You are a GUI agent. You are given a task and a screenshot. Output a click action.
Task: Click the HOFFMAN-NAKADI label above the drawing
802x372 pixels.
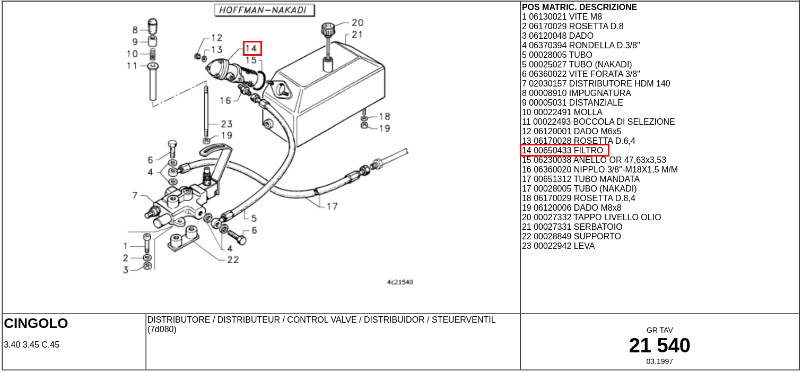tap(264, 11)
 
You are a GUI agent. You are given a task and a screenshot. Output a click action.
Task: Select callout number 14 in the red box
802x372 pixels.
tap(252, 48)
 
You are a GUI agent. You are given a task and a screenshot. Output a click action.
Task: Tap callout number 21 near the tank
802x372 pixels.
tap(357, 34)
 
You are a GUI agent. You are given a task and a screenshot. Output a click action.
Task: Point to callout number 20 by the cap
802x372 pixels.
tap(357, 23)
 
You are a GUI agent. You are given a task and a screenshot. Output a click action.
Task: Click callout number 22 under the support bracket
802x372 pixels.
tap(233, 259)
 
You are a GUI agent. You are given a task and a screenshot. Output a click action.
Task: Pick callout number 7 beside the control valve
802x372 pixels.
tap(135, 196)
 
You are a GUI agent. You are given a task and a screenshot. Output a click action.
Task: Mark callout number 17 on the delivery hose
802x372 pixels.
tap(332, 206)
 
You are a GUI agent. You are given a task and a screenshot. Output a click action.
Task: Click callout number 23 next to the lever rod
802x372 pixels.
tap(226, 124)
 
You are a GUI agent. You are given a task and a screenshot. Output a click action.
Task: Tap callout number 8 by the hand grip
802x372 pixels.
tap(135, 30)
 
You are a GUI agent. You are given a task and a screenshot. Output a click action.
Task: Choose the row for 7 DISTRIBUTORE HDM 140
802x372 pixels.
tap(596, 83)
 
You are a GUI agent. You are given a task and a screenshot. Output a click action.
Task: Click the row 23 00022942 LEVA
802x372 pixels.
tap(558, 246)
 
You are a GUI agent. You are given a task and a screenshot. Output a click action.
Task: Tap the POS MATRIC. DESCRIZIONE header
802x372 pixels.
tap(579, 7)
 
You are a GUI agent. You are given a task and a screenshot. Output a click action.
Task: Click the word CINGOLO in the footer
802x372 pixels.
tap(36, 323)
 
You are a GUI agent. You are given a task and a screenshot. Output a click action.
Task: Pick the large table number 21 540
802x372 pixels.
tap(659, 345)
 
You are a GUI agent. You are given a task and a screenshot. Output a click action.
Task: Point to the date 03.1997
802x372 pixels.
tap(659, 361)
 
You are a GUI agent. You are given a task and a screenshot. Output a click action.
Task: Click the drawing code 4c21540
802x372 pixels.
tap(399, 282)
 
